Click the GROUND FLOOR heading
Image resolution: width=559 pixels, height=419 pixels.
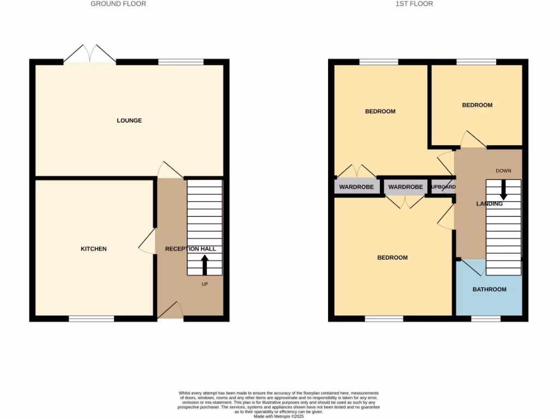[118, 4]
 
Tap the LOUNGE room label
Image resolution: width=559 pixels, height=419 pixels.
[129, 121]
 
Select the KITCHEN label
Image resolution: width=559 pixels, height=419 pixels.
[94, 249]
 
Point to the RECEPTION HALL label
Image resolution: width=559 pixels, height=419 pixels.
[191, 249]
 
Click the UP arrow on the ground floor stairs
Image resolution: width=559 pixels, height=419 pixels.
[205, 266]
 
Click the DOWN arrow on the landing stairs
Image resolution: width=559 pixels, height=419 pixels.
[503, 189]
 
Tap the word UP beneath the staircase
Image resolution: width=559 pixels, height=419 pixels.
[205, 284]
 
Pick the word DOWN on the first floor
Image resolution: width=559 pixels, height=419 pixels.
[503, 171]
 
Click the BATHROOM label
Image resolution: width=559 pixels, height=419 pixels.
[489, 289]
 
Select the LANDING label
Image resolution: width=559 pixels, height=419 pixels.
[489, 204]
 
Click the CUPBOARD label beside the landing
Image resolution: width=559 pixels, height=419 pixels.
[443, 187]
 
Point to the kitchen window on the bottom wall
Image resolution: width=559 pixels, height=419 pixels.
[91, 319]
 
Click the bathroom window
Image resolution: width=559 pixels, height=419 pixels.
[485, 319]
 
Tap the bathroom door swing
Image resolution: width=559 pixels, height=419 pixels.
[468, 268]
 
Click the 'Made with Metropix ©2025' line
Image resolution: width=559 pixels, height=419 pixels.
[279, 416]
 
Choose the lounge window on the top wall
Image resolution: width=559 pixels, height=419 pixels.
[181, 62]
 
